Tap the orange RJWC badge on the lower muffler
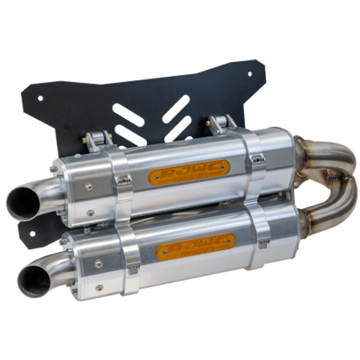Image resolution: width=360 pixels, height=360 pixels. tap(196, 248)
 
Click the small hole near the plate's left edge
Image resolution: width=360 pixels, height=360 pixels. tap(40, 99)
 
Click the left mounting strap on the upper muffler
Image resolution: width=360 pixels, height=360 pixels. tap(121, 184)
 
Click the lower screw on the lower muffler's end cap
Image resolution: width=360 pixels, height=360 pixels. tap(99, 286)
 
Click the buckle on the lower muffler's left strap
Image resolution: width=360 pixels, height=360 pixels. tap(134, 269)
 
